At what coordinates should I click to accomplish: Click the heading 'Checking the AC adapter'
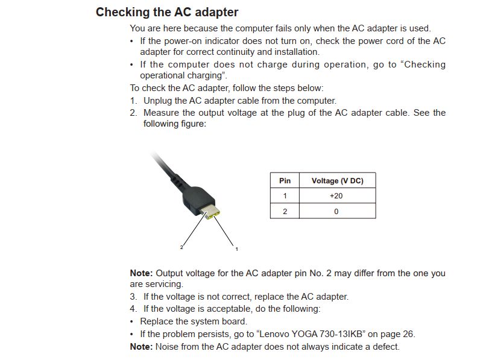167,12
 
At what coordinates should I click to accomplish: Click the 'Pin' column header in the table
285,180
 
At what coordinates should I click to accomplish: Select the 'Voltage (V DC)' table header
337,180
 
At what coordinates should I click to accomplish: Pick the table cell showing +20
336,195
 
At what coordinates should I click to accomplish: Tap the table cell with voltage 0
336,211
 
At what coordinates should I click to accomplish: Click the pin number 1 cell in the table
285,195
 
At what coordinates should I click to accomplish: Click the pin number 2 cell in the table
285,211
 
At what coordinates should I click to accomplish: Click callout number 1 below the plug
236,248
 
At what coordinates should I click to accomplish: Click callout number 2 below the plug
181,247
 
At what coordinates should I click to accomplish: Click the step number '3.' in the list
134,297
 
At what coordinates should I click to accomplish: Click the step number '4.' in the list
134,309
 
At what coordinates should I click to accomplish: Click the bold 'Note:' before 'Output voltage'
141,273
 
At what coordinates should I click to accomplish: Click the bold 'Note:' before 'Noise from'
141,347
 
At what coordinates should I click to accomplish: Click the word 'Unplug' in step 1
158,101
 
